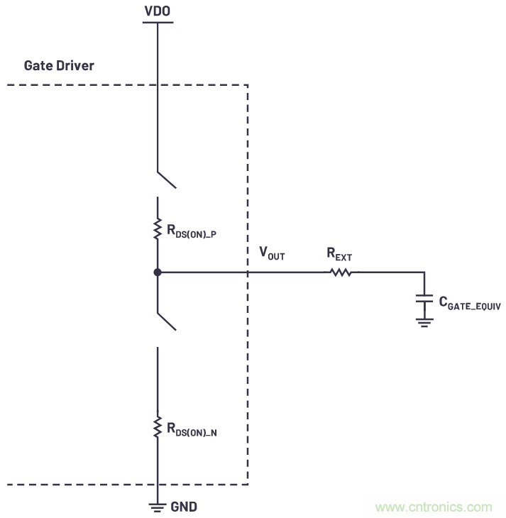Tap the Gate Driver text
point(59,65)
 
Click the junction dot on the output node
point(157,272)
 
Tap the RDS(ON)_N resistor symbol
point(157,427)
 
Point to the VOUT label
point(272,254)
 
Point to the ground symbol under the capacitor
point(424,323)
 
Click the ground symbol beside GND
point(157,507)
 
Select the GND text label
point(183,507)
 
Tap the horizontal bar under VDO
point(157,23)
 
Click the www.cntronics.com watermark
point(434,507)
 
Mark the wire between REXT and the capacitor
point(390,272)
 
